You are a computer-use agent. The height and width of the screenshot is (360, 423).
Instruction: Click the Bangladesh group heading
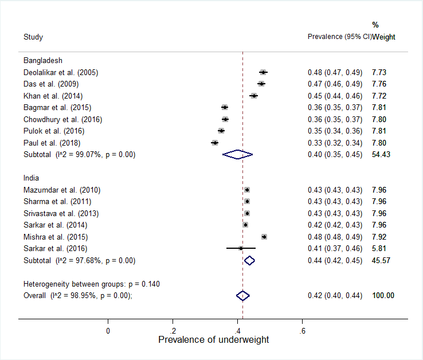[43, 60]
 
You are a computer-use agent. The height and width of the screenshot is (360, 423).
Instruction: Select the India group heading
[32, 178]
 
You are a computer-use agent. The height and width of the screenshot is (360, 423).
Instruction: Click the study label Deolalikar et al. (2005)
[61, 72]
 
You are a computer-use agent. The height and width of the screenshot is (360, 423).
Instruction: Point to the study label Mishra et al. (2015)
[57, 237]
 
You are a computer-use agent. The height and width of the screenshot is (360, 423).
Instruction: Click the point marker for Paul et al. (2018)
[214, 142]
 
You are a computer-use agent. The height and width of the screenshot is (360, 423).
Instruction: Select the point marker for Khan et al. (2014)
[254, 96]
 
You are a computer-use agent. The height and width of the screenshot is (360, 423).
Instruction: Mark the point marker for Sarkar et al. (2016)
[241, 248]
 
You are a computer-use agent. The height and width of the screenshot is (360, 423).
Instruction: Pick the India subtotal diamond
[249, 260]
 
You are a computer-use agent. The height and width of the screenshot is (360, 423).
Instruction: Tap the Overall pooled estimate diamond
[243, 295]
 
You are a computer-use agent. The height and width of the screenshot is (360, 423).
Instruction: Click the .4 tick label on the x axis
[237, 331]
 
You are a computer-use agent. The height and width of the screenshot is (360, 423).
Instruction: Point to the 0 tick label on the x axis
[108, 331]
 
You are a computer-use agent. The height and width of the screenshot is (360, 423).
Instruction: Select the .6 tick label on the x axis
[302, 331]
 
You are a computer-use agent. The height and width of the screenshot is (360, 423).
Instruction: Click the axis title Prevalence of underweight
[213, 340]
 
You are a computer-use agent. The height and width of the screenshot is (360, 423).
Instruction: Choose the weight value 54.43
[381, 154]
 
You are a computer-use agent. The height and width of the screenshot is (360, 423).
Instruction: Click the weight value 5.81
[379, 248]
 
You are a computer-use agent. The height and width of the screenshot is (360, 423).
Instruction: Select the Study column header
[33, 37]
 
